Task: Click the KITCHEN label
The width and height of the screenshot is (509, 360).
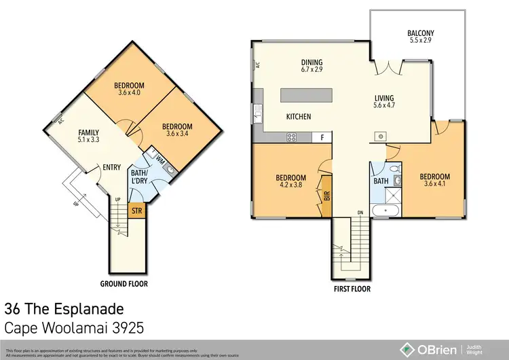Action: tap(298, 117)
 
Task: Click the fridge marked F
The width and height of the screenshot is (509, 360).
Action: tap(322, 137)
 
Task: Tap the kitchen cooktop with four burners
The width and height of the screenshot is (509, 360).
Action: tap(293, 137)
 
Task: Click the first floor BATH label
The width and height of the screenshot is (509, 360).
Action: tap(381, 181)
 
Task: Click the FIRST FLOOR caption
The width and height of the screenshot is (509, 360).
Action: tap(353, 288)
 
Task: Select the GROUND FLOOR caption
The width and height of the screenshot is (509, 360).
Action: tap(124, 283)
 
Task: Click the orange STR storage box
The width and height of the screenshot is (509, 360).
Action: tap(137, 211)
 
